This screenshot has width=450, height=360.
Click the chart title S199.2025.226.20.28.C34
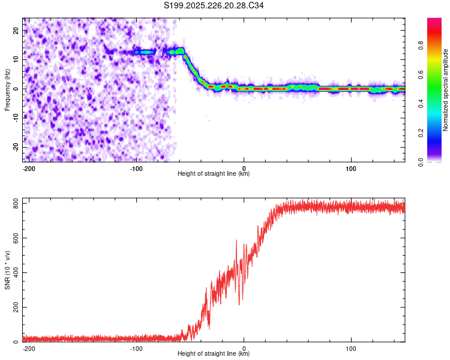(214, 5)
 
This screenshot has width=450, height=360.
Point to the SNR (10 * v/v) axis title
(7, 270)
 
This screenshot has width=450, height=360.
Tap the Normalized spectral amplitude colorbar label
(446, 90)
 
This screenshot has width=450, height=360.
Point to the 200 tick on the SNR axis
(13, 307)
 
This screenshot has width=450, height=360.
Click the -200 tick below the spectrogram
(29, 168)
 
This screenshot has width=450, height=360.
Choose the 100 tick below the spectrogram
(350, 168)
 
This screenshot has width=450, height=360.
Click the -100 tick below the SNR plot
(136, 348)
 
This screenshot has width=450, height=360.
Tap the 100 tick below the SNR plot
(350, 348)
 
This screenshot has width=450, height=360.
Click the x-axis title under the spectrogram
(214, 174)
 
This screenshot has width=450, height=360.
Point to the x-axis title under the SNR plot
(214, 354)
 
